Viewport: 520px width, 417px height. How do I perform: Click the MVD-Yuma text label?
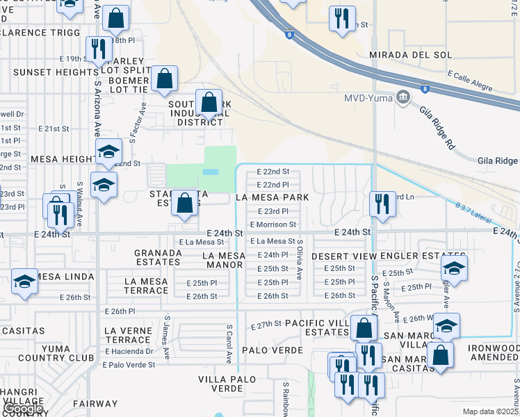tap(368, 97)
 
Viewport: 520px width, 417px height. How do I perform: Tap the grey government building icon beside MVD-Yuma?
tap(401, 97)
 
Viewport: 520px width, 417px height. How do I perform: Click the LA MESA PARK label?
tap(272, 197)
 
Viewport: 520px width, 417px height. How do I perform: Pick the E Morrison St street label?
tap(273, 224)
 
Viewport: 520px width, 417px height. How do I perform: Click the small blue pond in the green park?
tap(210, 172)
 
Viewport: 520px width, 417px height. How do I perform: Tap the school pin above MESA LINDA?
tap(24, 281)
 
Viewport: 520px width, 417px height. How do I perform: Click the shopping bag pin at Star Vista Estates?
tap(184, 203)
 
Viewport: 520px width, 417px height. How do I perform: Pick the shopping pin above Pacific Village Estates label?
tap(364, 327)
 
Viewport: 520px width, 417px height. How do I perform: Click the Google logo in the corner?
tap(23, 408)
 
